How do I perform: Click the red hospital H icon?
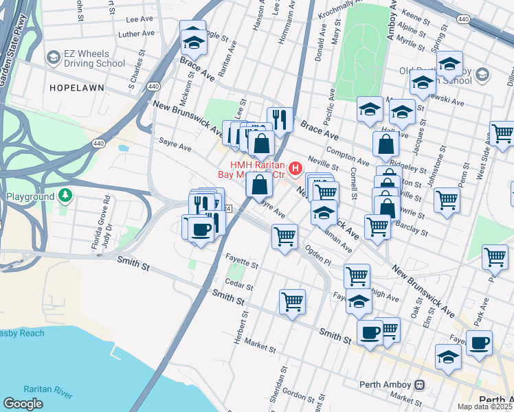[x=295, y=168]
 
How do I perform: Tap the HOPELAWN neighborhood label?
[x=76, y=88]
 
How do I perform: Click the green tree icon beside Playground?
[x=65, y=197]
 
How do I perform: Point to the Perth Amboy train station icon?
[x=418, y=384]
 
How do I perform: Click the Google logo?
[x=23, y=403]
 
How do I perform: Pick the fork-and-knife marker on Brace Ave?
[x=280, y=119]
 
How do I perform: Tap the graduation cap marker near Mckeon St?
[x=193, y=40]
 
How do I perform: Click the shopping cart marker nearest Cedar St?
[x=293, y=301]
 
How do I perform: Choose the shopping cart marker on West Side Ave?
[x=502, y=133]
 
